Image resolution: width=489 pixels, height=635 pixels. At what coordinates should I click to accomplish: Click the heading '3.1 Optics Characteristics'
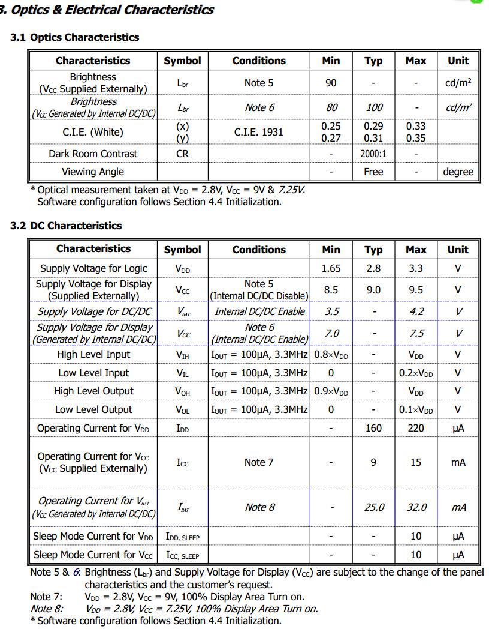pyautogui.click(x=74, y=37)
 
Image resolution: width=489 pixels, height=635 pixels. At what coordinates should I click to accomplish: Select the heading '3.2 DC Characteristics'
pyautogui.click(x=66, y=226)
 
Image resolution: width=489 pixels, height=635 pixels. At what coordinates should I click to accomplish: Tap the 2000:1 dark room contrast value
pyautogui.click(x=373, y=154)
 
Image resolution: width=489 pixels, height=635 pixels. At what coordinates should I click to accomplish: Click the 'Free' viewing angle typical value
pyautogui.click(x=373, y=172)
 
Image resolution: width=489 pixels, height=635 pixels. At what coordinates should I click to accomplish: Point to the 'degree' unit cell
pyautogui.click(x=458, y=172)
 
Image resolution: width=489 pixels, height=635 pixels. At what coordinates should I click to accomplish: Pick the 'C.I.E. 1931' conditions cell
pyautogui.click(x=259, y=132)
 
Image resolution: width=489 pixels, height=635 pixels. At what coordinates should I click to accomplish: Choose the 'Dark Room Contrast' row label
pyautogui.click(x=93, y=154)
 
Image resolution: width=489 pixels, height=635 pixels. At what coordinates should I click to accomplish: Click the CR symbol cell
pyautogui.click(x=183, y=154)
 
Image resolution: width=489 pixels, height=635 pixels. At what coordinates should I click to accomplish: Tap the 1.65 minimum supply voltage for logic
pyautogui.click(x=331, y=268)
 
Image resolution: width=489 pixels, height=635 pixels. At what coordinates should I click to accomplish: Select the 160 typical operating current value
pyautogui.click(x=373, y=428)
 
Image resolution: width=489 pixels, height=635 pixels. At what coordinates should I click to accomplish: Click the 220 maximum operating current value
pyautogui.click(x=416, y=428)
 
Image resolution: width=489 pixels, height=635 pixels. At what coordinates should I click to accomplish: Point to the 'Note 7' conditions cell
pyautogui.click(x=259, y=462)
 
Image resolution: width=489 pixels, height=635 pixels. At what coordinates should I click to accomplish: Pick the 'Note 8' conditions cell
pyautogui.click(x=259, y=507)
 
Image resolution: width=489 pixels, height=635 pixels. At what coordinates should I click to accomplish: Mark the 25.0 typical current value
pyautogui.click(x=374, y=507)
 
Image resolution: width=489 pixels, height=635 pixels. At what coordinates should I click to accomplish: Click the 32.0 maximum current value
pyautogui.click(x=416, y=507)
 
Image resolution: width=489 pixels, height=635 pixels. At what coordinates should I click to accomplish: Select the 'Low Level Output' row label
pyautogui.click(x=93, y=409)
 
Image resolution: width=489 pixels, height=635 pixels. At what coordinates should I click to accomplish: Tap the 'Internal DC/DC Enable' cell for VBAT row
pyautogui.click(x=259, y=311)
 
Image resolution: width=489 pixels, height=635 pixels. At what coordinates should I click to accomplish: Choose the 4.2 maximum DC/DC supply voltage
pyautogui.click(x=416, y=311)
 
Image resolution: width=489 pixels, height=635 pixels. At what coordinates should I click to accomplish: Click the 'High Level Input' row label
pyautogui.click(x=93, y=354)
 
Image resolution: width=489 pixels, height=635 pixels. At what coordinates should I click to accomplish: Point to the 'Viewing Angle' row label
pyautogui.click(x=93, y=172)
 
